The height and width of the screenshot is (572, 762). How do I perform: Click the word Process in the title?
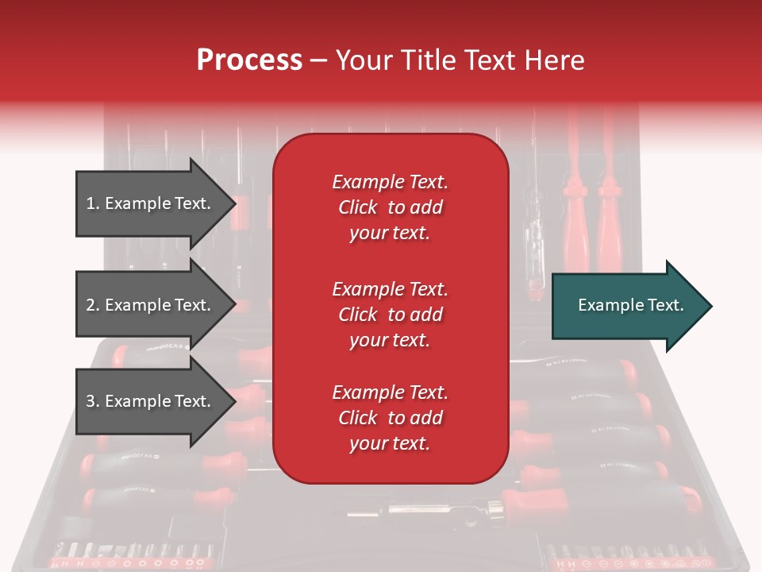[249, 60]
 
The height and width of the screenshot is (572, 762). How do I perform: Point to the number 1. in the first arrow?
[93, 203]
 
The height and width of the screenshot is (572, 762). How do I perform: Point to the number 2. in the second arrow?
[93, 305]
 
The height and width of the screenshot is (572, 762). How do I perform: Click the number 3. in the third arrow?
[93, 401]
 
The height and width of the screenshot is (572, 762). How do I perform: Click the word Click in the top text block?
[357, 207]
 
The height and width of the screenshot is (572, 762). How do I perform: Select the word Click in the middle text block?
[357, 315]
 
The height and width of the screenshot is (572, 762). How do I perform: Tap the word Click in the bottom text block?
[357, 418]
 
